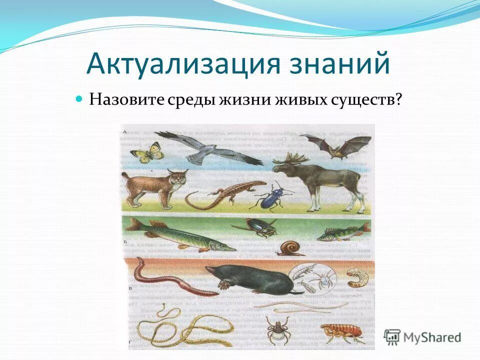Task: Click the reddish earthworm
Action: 170,282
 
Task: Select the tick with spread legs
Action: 275,328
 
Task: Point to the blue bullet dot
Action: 78,98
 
